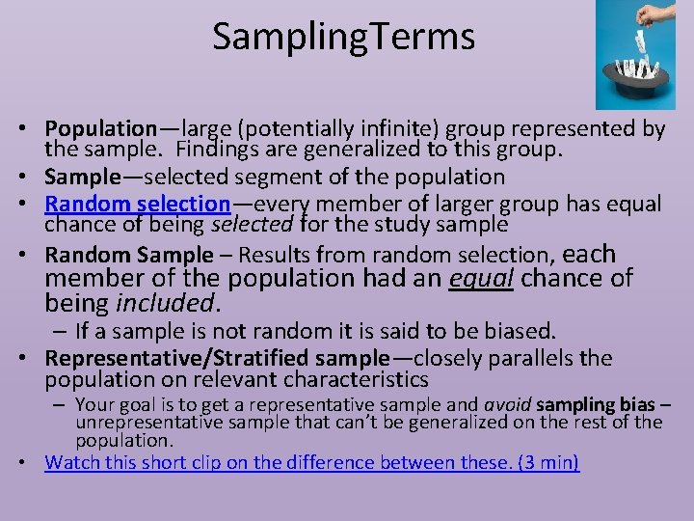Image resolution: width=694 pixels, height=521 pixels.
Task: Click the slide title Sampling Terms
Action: [343, 37]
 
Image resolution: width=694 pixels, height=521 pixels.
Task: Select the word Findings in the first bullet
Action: [224, 149]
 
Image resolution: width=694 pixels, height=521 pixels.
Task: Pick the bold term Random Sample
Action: [128, 255]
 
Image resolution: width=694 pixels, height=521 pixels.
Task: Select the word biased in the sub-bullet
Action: [521, 331]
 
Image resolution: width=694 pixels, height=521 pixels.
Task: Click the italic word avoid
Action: [505, 404]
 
